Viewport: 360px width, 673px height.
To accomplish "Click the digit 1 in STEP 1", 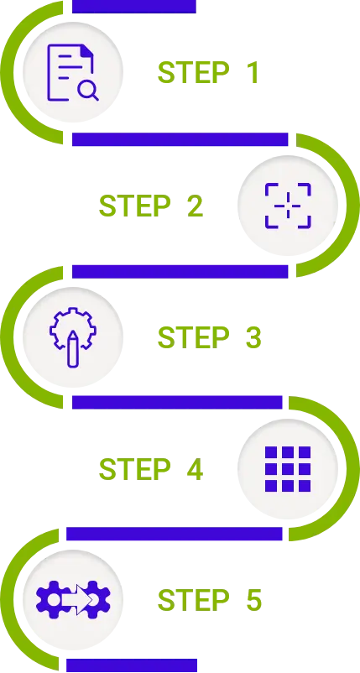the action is (x=252, y=72).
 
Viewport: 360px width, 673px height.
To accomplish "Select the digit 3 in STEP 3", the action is (x=253, y=337).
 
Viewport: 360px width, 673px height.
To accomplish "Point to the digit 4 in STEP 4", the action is (x=195, y=469).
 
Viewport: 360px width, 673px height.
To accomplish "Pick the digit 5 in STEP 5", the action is (x=253, y=600).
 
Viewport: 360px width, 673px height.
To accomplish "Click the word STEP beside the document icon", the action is (x=193, y=72).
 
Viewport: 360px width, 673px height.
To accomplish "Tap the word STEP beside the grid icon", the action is (x=135, y=469).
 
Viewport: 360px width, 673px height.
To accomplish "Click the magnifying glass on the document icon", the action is (x=88, y=91).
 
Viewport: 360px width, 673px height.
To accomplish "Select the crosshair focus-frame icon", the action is (x=288, y=206).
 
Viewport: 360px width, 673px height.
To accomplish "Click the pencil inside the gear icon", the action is (x=73, y=348).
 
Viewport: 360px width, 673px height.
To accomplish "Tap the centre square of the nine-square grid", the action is (x=288, y=469).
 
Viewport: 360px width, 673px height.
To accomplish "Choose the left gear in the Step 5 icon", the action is (x=51, y=600).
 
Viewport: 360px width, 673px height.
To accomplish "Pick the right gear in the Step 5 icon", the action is (x=97, y=600).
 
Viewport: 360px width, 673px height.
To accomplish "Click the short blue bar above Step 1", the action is (x=134, y=7).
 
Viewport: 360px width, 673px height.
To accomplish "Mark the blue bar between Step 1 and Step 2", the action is (x=180, y=139).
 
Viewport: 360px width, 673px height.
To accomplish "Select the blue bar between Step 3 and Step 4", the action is (x=177, y=402).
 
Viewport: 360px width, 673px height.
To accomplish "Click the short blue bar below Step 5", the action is (x=132, y=665).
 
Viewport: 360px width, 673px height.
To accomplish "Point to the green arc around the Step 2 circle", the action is (x=352, y=206).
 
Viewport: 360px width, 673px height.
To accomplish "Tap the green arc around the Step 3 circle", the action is (x=8, y=337).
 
